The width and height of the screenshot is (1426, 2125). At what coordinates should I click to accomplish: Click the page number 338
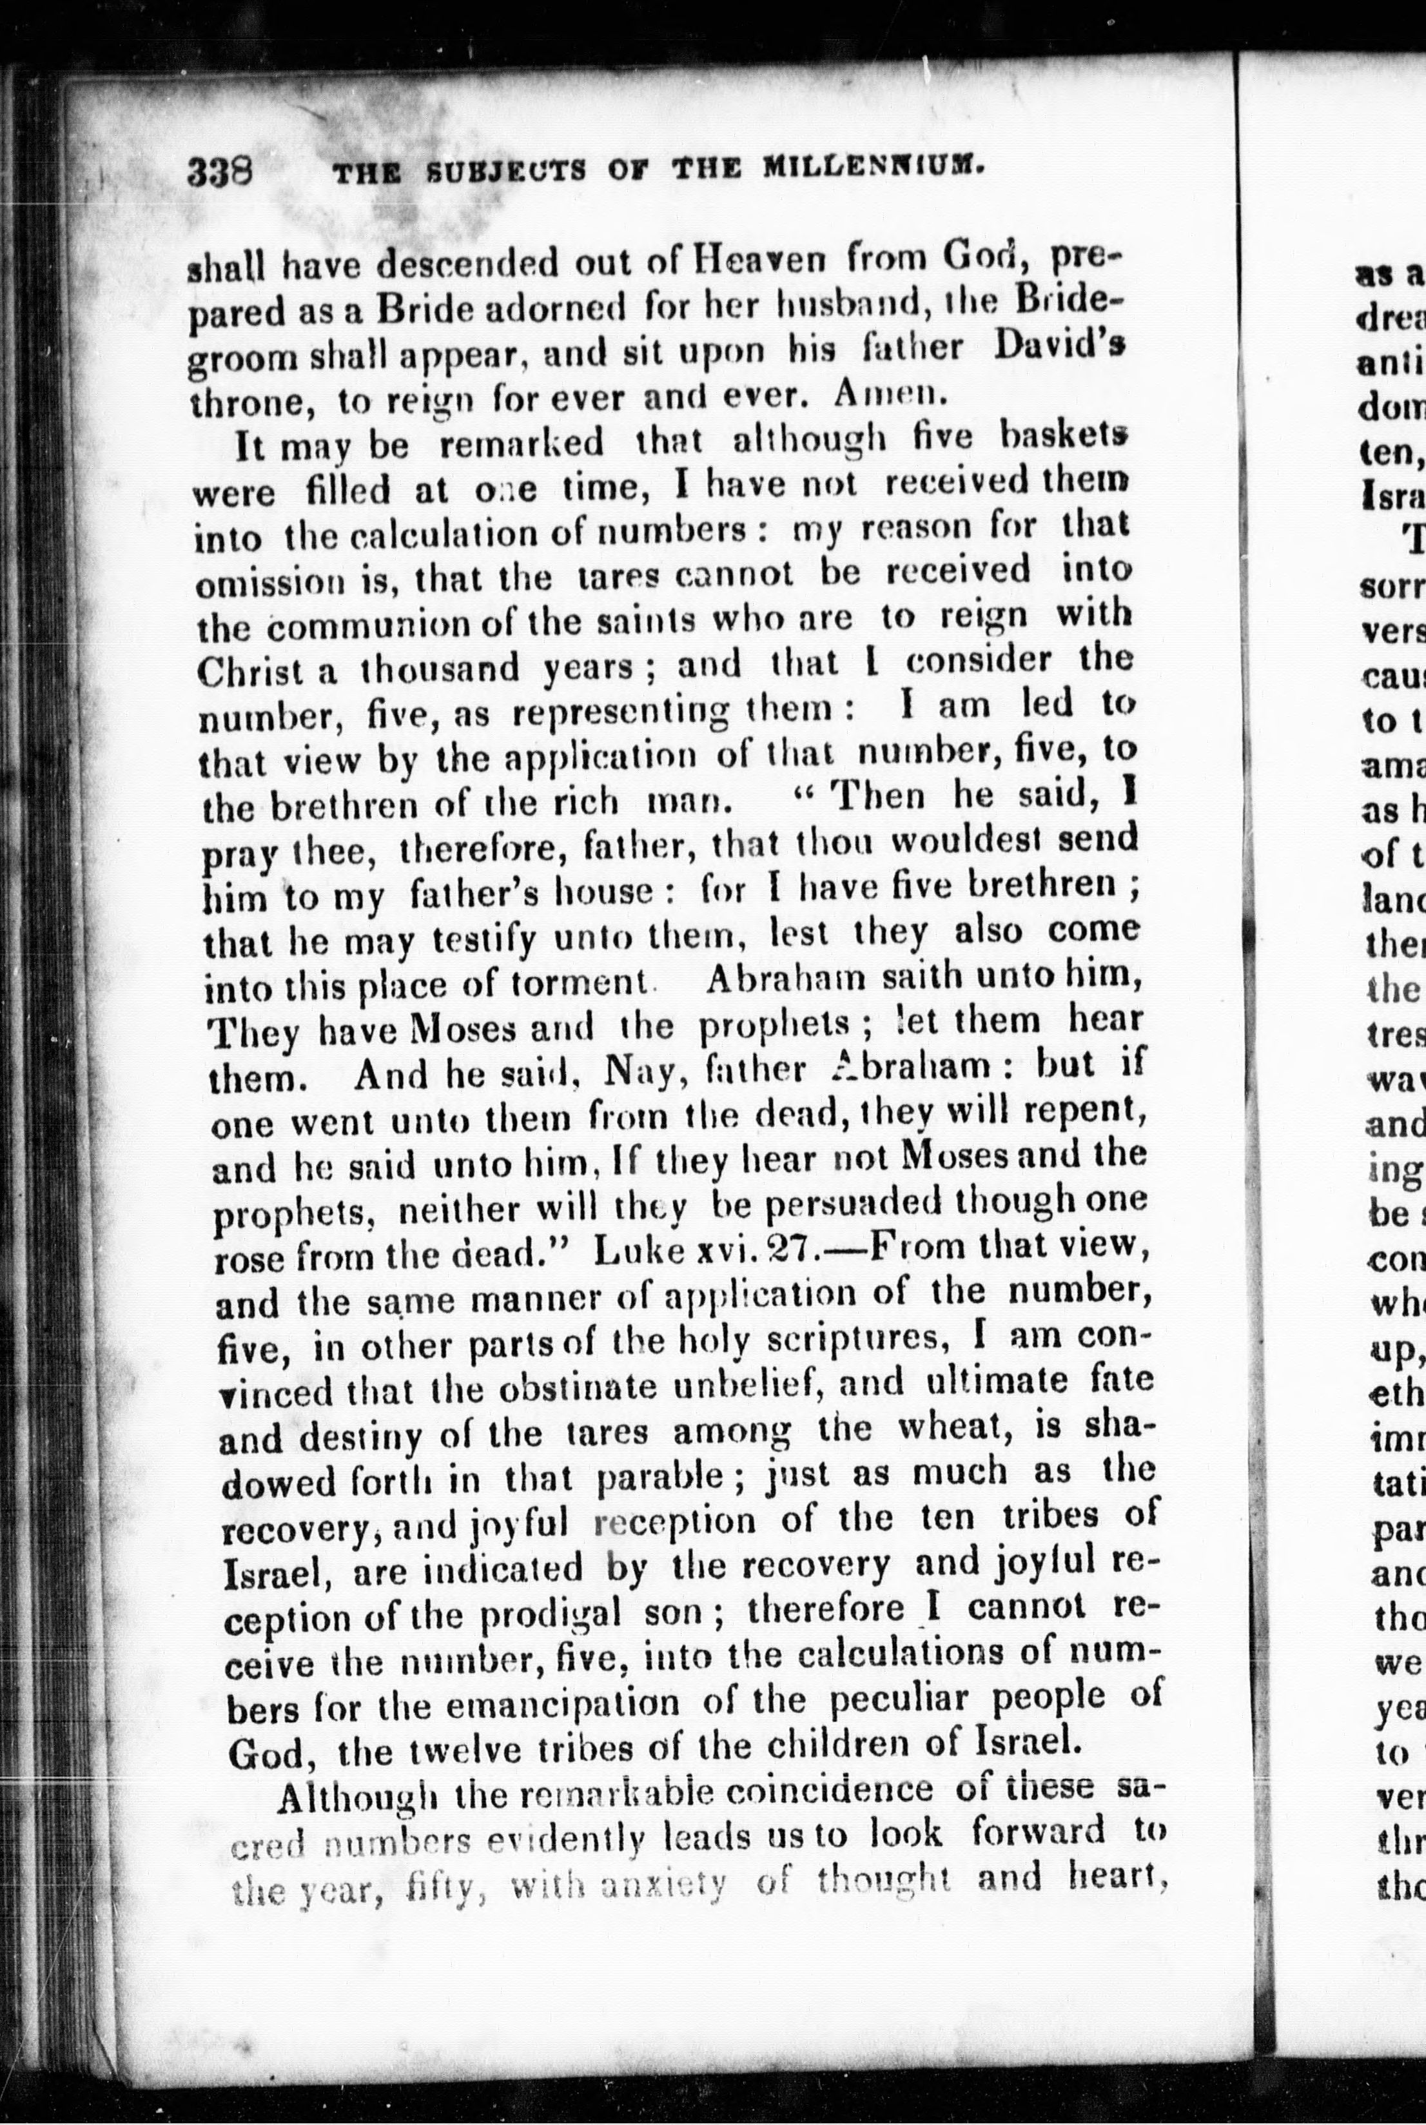coord(219,170)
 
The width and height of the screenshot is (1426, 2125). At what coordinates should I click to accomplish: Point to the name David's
coord(1058,348)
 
